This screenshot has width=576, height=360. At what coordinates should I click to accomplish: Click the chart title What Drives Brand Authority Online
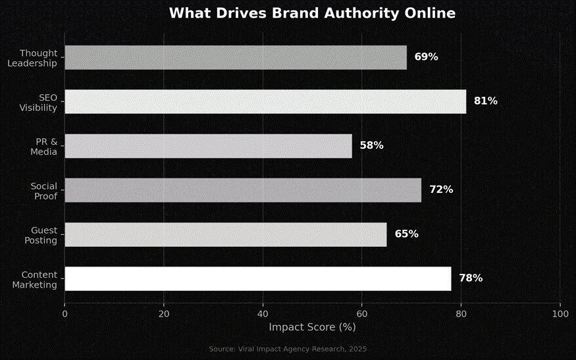pyautogui.click(x=311, y=13)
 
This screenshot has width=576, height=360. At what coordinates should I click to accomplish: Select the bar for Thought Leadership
pyautogui.click(x=236, y=57)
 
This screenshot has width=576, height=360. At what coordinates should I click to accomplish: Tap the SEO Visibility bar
pyautogui.click(x=265, y=101)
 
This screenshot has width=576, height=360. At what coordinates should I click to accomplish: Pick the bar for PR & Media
pyautogui.click(x=208, y=145)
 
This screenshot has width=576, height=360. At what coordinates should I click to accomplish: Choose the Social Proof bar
pyautogui.click(x=243, y=190)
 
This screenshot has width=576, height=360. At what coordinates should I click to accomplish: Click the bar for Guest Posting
pyautogui.click(x=225, y=234)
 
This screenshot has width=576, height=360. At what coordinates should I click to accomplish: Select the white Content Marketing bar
pyautogui.click(x=257, y=278)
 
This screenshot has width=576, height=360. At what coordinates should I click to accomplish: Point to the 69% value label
pyautogui.click(x=426, y=57)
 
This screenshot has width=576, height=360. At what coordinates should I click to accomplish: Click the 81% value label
pyautogui.click(x=485, y=101)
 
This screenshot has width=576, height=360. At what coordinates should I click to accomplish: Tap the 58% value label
pyautogui.click(x=371, y=145)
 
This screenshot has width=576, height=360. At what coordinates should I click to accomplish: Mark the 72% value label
pyautogui.click(x=441, y=190)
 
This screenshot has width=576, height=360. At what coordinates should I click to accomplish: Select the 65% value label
pyautogui.click(x=406, y=234)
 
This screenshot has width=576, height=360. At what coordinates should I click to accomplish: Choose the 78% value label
pyautogui.click(x=470, y=278)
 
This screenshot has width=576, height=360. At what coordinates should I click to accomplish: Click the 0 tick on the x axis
pyautogui.click(x=65, y=314)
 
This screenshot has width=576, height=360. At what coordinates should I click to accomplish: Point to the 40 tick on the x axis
pyautogui.click(x=263, y=314)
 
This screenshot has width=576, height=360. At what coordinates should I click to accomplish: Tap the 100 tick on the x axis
pyautogui.click(x=560, y=314)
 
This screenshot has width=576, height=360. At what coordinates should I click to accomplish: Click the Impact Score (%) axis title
pyautogui.click(x=312, y=327)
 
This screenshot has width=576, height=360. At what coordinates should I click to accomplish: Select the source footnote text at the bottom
pyautogui.click(x=288, y=349)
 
